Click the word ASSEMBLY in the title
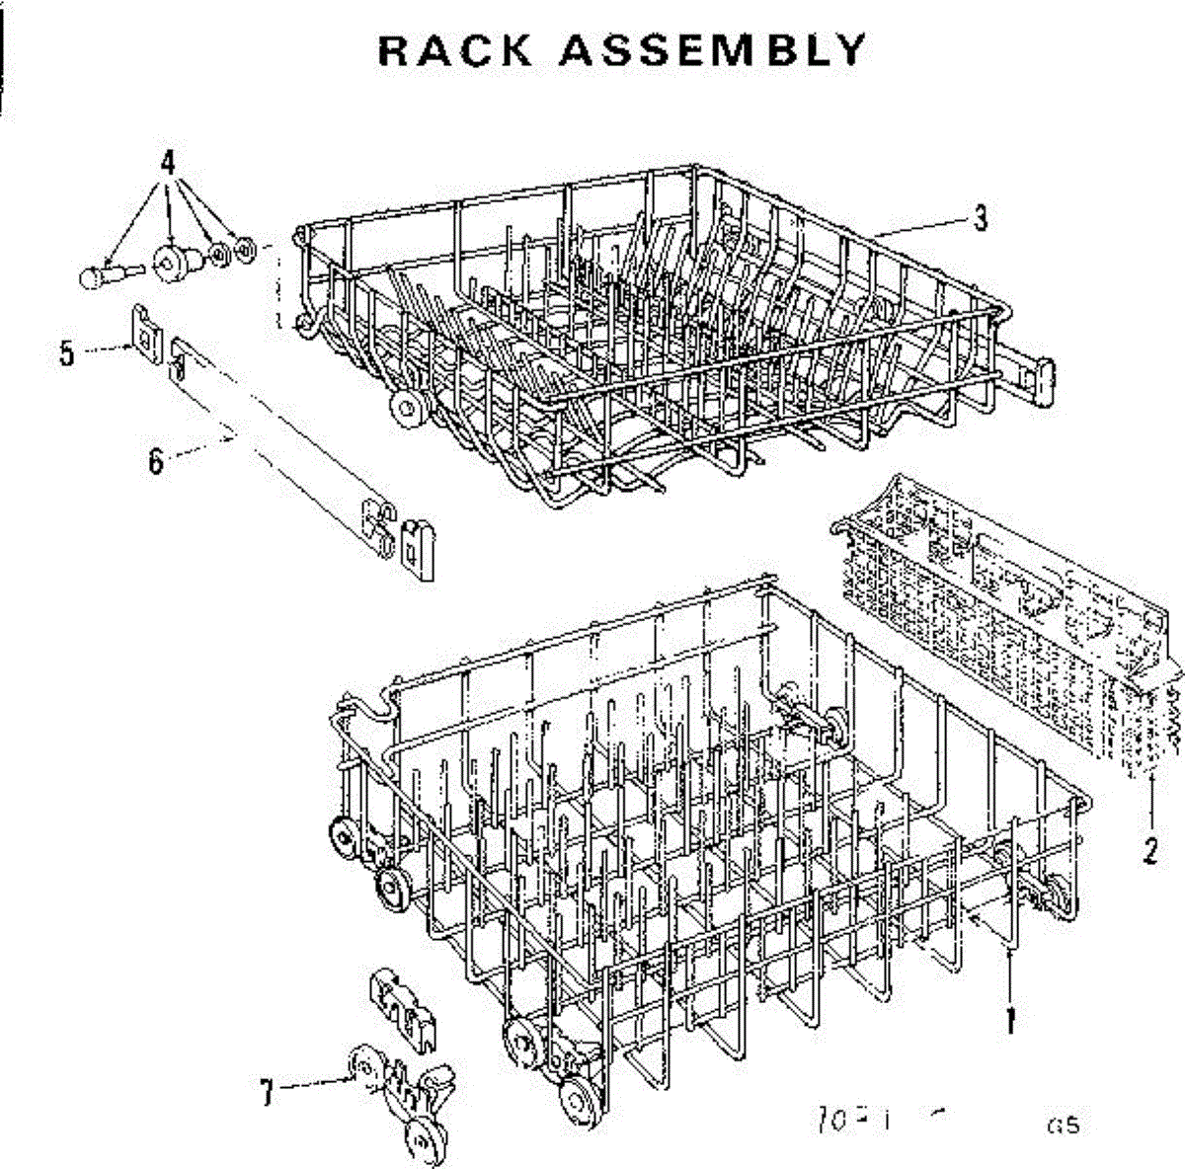coord(711,49)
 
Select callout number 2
coord(1149,850)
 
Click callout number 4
coord(168,160)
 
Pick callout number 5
coord(66,352)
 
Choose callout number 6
coord(155,461)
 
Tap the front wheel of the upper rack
coord(406,410)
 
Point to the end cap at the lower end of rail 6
coord(419,548)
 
